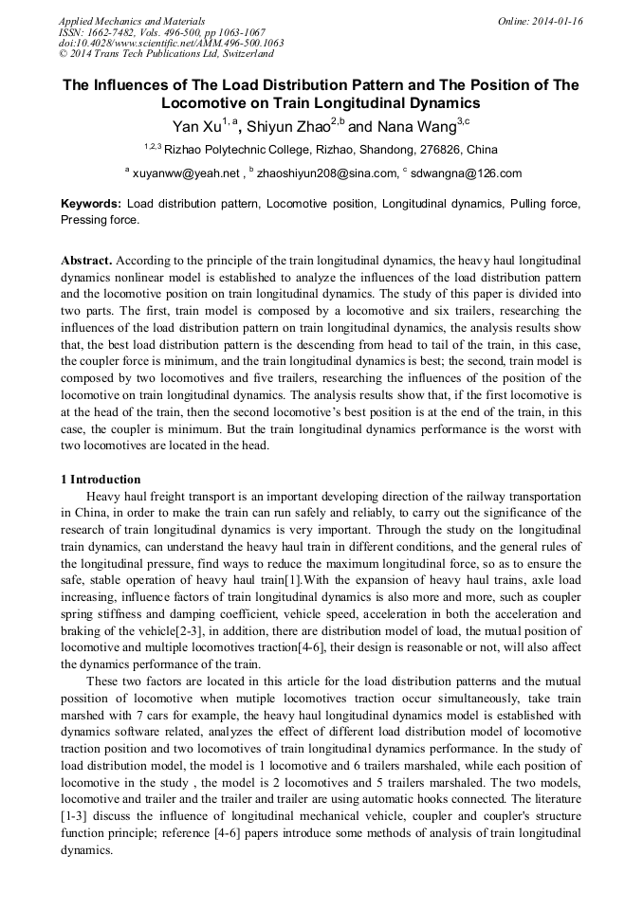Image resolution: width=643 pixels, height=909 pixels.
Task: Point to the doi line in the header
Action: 171,43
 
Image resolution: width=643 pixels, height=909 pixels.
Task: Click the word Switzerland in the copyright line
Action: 245,54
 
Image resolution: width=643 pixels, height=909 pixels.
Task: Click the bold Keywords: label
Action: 91,204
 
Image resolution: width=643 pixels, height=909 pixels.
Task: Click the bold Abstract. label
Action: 88,260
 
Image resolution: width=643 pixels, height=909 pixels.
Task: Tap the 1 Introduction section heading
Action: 101,480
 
